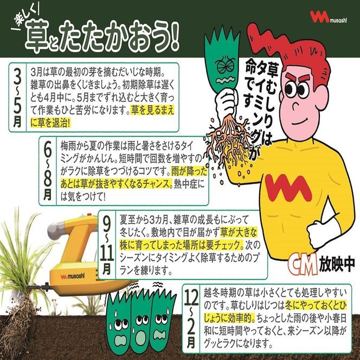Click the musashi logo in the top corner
pos(329,17)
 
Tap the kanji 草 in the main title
pos(37,37)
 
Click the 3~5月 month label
pos(17,97)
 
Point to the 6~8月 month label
pos(48,171)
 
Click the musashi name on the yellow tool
pos(73,276)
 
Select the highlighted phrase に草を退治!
pos(51,124)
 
